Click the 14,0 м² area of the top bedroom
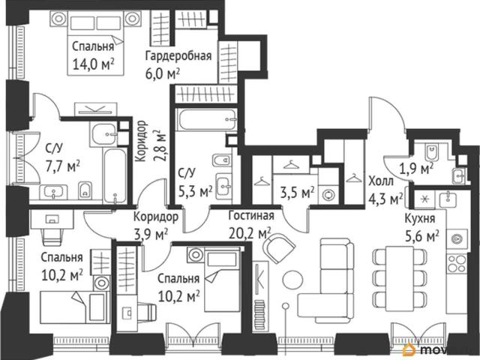coord(93,64)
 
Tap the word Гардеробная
coord(178,55)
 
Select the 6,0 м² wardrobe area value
coord(163,73)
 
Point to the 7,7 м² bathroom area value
coord(63,166)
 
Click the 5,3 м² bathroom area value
coord(196,192)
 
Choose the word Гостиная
coord(251,215)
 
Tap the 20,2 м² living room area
coord(250,233)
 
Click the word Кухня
coord(420,218)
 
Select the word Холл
coord(381,181)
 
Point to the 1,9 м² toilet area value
coord(416,168)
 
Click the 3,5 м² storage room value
coord(298,193)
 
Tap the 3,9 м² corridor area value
coord(151,235)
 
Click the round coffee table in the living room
coord(293,280)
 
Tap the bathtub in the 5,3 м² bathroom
coord(208,119)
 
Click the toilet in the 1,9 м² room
coord(432,152)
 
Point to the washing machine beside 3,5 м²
coord(328,194)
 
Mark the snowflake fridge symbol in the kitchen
coord(424,199)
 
